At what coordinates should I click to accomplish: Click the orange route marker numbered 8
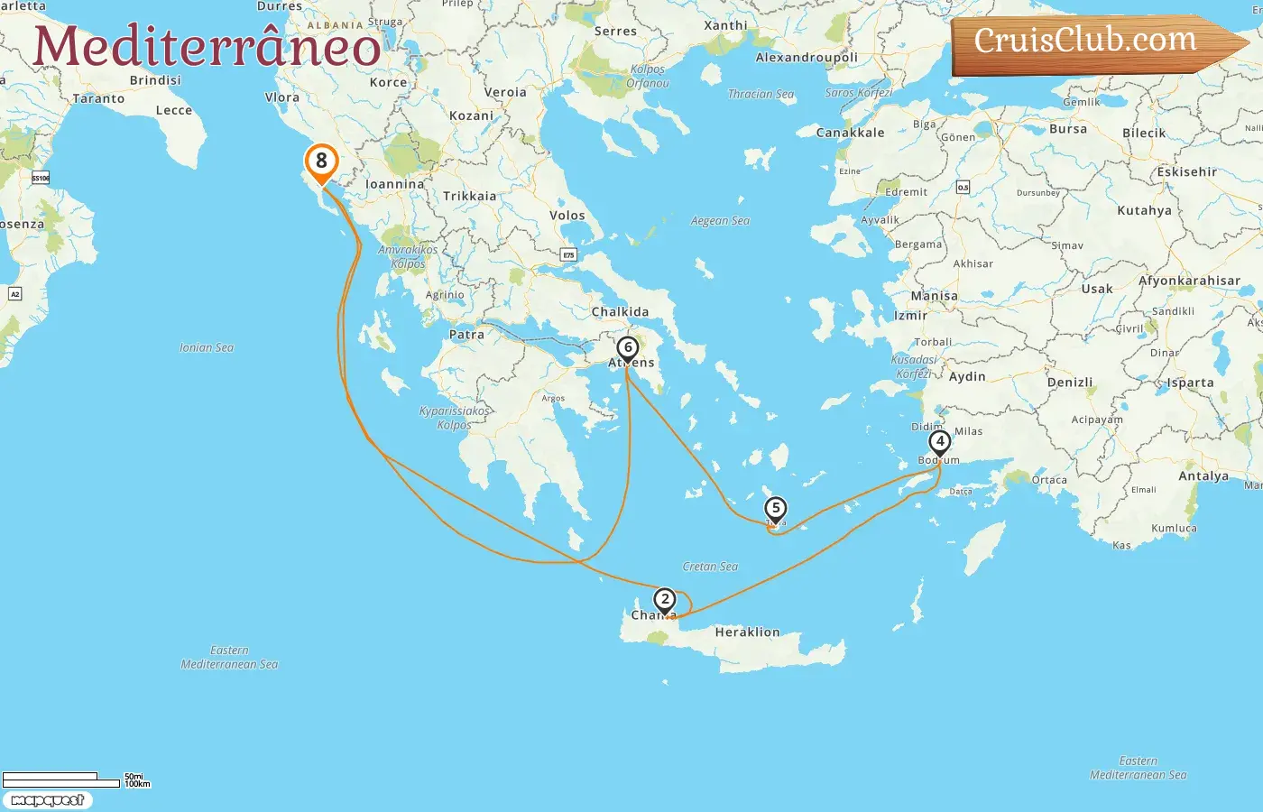pyautogui.click(x=321, y=162)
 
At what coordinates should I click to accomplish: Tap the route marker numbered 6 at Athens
pyautogui.click(x=628, y=348)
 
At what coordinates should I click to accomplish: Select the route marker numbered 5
pyautogui.click(x=775, y=509)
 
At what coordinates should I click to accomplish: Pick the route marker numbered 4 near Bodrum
pyautogui.click(x=940, y=442)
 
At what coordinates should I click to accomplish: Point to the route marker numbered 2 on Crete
pyautogui.click(x=665, y=600)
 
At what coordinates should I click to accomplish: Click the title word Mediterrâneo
pyautogui.click(x=207, y=47)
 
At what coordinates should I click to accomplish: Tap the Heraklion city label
pyautogui.click(x=747, y=632)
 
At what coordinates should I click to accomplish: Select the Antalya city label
pyautogui.click(x=1203, y=476)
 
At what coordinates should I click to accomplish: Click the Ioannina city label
pyautogui.click(x=394, y=184)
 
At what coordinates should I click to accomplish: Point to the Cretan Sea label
pyautogui.click(x=710, y=567)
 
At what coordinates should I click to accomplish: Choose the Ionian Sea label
pyautogui.click(x=206, y=347)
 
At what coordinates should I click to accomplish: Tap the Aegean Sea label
pyautogui.click(x=720, y=221)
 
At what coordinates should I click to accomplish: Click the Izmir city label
pyautogui.click(x=910, y=316)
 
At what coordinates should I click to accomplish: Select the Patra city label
pyautogui.click(x=466, y=335)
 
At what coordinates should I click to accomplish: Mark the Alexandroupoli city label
pyautogui.click(x=807, y=58)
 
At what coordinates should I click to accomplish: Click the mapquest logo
pyautogui.click(x=47, y=800)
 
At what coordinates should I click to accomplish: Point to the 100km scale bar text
pyautogui.click(x=138, y=784)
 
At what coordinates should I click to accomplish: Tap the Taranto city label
pyautogui.click(x=98, y=99)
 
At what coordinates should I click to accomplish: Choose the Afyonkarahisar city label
pyautogui.click(x=1189, y=281)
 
